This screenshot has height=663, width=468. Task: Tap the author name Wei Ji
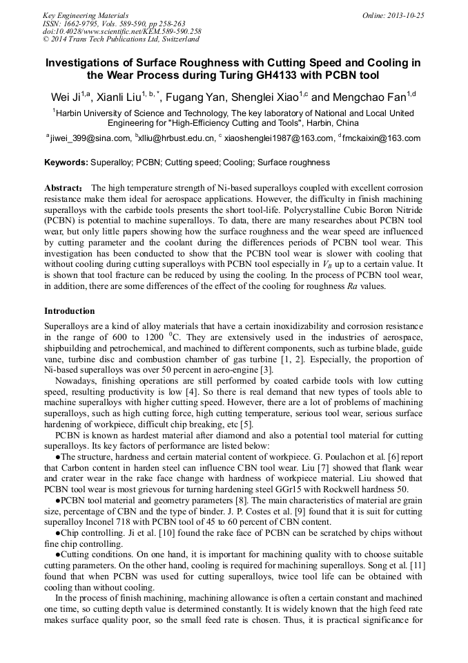coord(66,96)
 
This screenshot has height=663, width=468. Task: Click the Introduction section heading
coord(70,311)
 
